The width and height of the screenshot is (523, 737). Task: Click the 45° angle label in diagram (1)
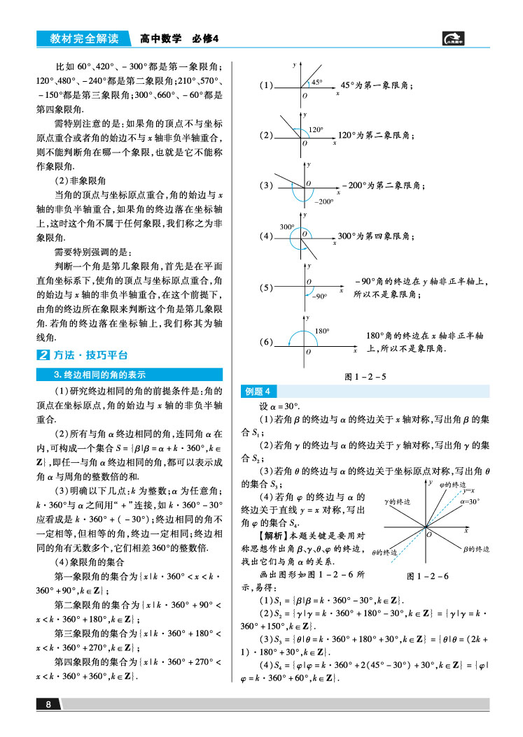coord(316,82)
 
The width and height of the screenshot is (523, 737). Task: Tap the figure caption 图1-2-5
coord(366,377)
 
